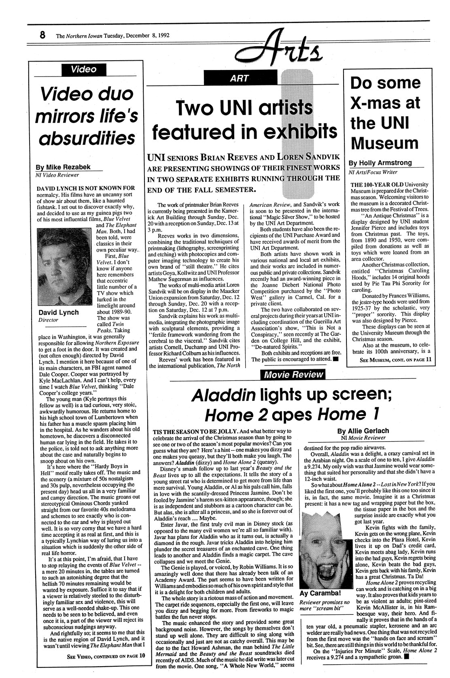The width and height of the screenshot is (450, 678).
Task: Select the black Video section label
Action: tap(84, 69)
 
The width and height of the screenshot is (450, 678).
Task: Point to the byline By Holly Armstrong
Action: tap(380, 163)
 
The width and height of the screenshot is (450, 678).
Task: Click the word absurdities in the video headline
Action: tap(87, 138)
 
